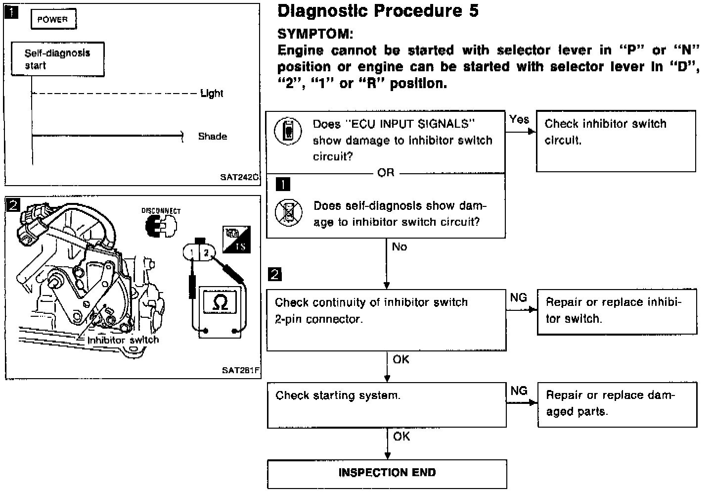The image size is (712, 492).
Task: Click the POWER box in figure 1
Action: tap(53, 20)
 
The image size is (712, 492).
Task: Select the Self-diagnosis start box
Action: tap(57, 59)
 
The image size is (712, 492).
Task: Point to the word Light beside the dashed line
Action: tap(212, 94)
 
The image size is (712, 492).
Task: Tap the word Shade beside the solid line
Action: tap(213, 136)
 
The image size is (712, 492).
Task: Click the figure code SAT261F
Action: tap(241, 370)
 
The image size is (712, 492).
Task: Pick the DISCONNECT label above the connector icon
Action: tap(161, 211)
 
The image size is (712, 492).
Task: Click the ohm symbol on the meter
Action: tap(220, 302)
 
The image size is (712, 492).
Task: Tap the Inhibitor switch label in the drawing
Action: tap(123, 340)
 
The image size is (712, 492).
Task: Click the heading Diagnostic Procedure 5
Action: tap(378, 11)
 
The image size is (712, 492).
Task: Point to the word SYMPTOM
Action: tap(315, 34)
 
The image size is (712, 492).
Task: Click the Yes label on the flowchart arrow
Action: tap(519, 119)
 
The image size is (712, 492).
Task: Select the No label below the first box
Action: tap(400, 246)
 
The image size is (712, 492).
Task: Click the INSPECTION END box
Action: tap(387, 473)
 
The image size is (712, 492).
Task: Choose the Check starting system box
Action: tap(387, 405)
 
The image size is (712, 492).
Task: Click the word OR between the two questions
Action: tap(386, 173)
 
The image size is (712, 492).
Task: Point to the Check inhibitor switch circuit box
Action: tap(616, 141)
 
